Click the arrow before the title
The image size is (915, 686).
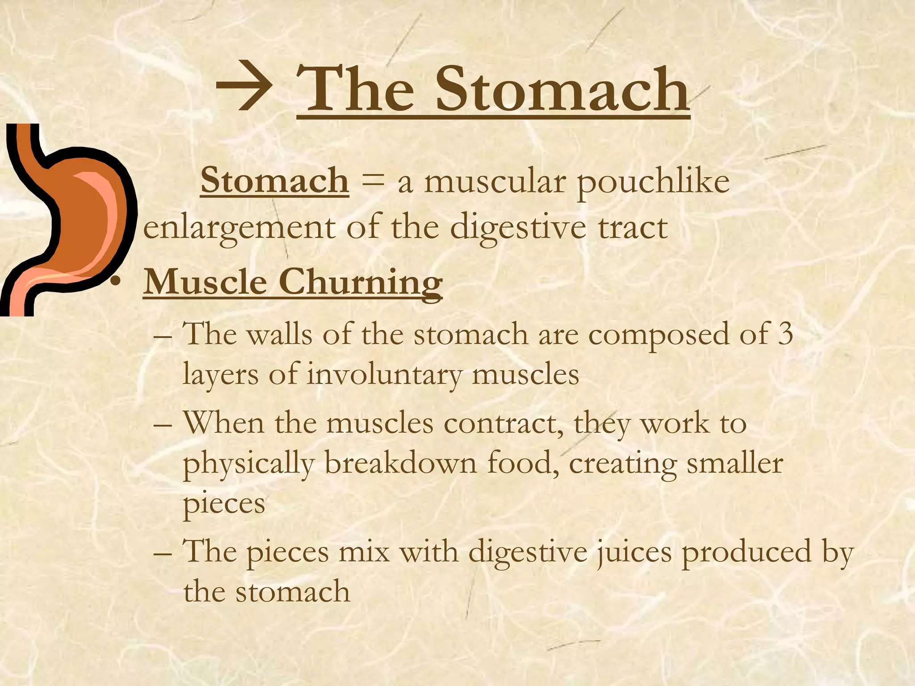pos(243,89)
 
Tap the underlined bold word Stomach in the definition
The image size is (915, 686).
pos(274,181)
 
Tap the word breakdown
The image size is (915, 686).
pos(400,464)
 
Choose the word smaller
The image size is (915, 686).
pos(735,463)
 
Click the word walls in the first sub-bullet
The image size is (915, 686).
pos(280,334)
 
